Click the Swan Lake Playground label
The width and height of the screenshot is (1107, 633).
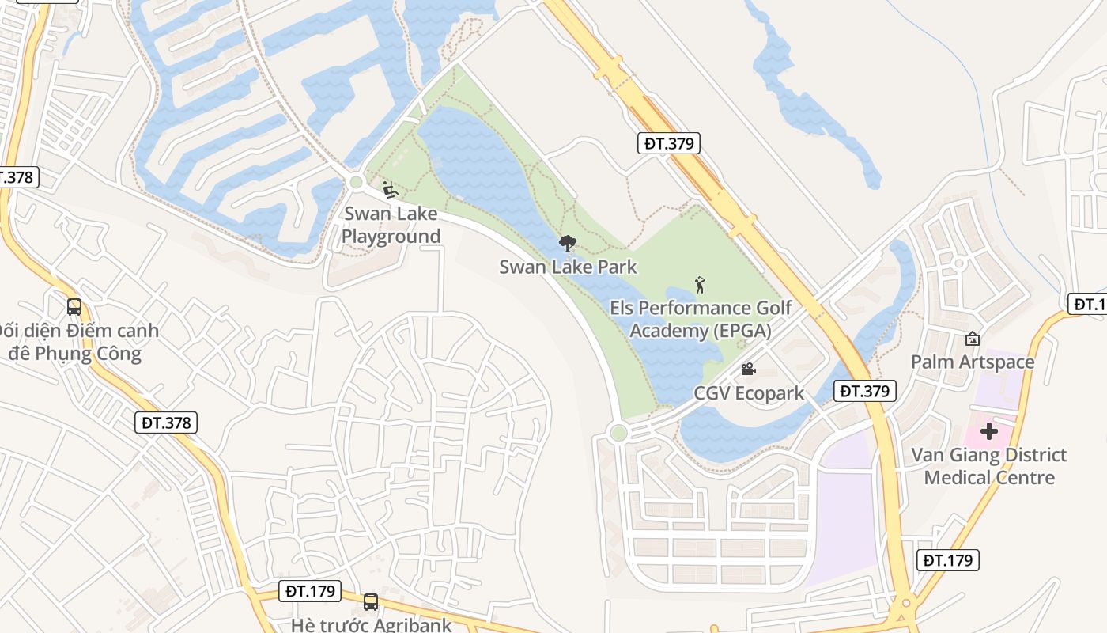391,225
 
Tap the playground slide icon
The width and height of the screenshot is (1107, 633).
390,190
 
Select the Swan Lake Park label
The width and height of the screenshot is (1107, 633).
568,267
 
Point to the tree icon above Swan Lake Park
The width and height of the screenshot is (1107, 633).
567,244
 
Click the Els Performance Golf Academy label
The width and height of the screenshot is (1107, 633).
701,319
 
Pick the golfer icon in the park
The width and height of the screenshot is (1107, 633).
699,284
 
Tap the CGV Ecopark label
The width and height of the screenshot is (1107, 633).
748,393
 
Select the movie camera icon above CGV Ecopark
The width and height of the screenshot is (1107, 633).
747,370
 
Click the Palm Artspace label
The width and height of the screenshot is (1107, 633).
972,362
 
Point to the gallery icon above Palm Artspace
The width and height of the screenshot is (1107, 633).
972,339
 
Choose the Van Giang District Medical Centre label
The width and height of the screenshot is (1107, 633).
988,466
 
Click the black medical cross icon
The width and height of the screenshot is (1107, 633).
988,431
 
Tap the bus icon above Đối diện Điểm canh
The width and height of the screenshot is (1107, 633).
74,307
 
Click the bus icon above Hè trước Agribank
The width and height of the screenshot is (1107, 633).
371,602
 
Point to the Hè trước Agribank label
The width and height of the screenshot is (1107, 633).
371,624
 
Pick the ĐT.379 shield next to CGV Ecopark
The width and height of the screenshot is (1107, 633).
865,390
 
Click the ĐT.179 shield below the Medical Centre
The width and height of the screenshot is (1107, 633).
949,560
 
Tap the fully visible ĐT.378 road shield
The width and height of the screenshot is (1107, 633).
167,423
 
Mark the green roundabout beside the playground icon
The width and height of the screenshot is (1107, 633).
356,183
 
